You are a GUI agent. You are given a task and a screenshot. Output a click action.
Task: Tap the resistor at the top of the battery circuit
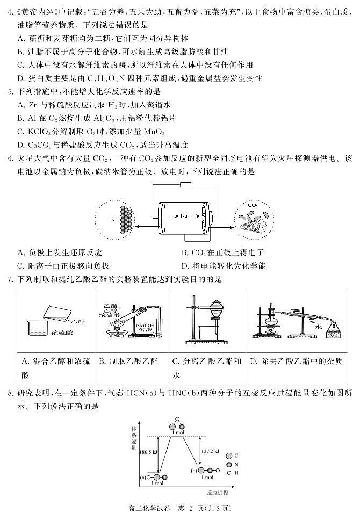pos(186,185)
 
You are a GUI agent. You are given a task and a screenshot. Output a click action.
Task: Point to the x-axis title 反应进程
pos(217,492)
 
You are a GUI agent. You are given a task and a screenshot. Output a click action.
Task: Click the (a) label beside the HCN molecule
pos(143,476)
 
